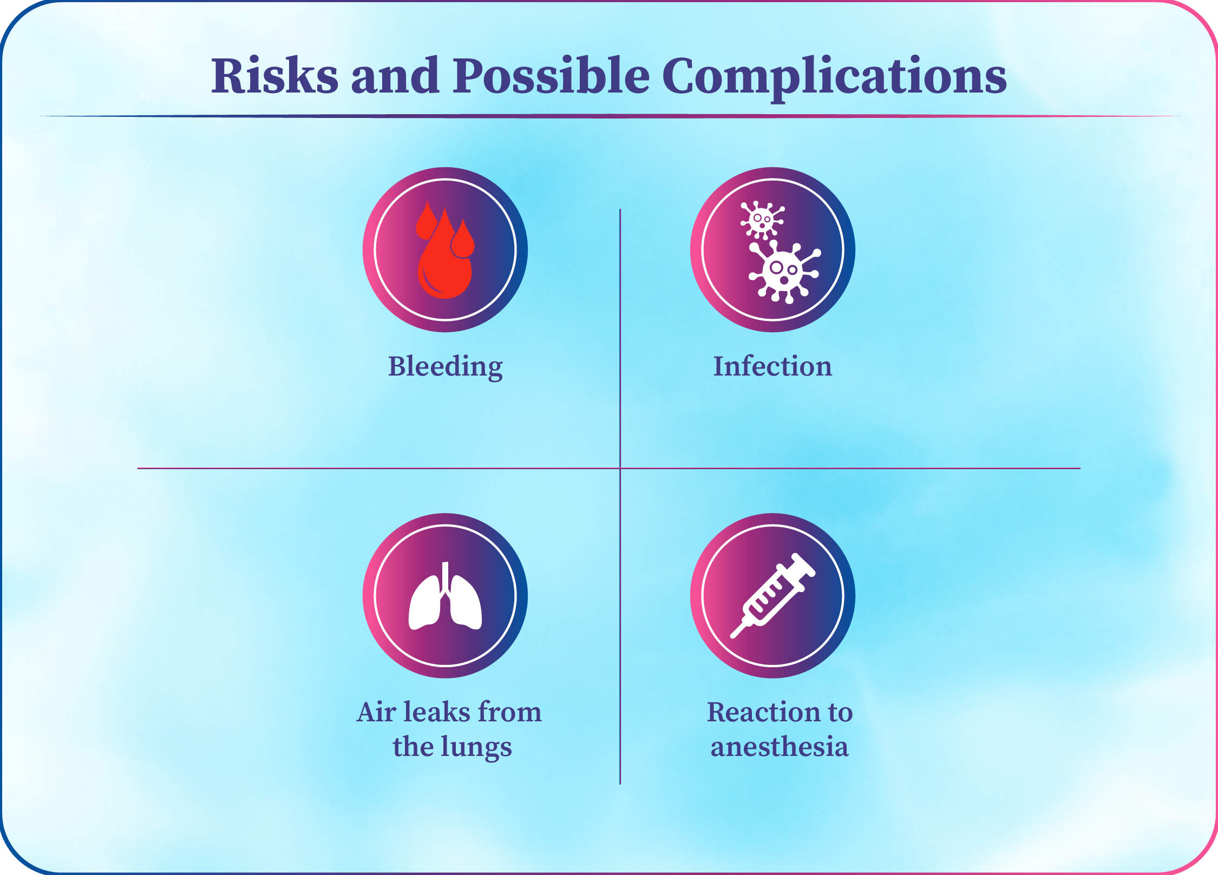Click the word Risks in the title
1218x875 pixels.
click(275, 76)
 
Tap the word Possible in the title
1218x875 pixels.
click(552, 76)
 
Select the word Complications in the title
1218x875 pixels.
click(834, 78)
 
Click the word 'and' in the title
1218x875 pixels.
click(395, 76)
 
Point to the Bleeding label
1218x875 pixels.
click(446, 367)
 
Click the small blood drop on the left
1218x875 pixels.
click(427, 221)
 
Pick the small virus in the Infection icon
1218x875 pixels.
click(762, 220)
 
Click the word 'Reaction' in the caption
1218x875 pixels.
click(756, 712)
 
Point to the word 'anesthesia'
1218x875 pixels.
click(780, 747)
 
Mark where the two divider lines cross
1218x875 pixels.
click(620, 468)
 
